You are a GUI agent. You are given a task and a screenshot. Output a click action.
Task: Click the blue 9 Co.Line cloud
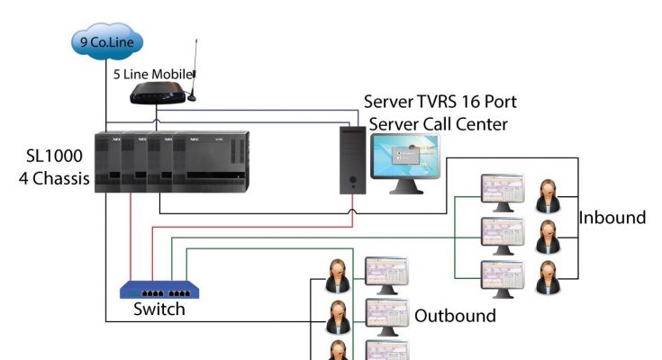pyautogui.click(x=105, y=41)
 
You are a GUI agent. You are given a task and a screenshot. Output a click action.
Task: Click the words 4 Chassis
pyautogui.click(x=54, y=178)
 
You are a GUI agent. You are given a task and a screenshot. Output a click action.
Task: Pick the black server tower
pyautogui.click(x=353, y=159)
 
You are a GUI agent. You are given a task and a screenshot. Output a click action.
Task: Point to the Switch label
pyautogui.click(x=159, y=310)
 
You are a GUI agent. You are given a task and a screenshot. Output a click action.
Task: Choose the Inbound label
pyautogui.click(x=612, y=217)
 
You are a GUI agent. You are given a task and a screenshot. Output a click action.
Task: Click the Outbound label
pyautogui.click(x=455, y=315)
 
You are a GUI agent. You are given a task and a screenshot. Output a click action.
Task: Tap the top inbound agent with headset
pyautogui.click(x=547, y=196)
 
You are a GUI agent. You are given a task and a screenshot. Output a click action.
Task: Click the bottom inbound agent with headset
pyautogui.click(x=547, y=278)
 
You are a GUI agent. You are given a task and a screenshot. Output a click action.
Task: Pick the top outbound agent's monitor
pyautogui.click(x=386, y=274)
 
